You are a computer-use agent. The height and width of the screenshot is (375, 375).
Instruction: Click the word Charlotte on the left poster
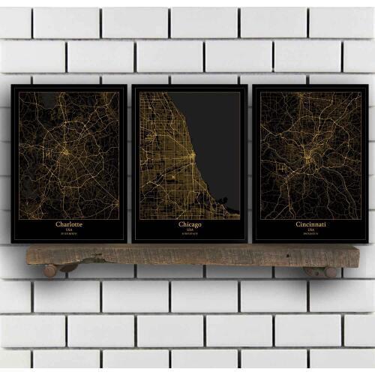[70, 224]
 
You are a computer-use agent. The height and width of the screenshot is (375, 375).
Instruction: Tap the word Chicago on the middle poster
[190, 224]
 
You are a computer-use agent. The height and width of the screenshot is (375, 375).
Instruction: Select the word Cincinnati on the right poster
[310, 224]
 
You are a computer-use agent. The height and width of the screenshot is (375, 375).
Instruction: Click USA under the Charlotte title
[70, 230]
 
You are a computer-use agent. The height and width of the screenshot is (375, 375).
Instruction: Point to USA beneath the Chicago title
[190, 230]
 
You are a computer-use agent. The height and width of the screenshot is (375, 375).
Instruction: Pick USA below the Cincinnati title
[310, 230]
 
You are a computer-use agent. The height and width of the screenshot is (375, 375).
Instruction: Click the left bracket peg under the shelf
[50, 270]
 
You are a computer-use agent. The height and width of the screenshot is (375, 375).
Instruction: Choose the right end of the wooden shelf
[346, 255]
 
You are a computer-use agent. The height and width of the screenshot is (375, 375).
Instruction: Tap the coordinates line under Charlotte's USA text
[70, 235]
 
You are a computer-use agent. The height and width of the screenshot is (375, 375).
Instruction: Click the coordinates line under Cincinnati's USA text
[310, 235]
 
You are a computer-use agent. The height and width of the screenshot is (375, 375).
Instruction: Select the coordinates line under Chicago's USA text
[190, 235]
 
